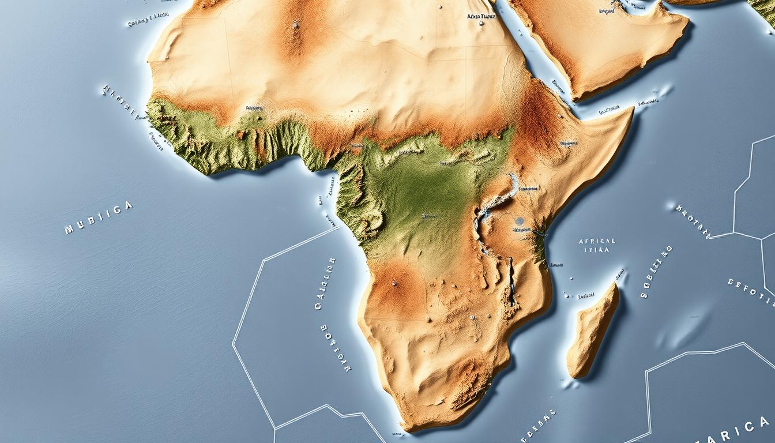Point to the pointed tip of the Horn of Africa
(x=631, y=110)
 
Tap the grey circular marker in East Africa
(x=520, y=220)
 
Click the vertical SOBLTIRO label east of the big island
(x=656, y=271)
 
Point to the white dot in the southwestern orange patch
(x=394, y=283)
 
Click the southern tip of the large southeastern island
(x=573, y=375)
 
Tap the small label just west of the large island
(x=586, y=296)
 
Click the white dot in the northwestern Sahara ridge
(x=296, y=24)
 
